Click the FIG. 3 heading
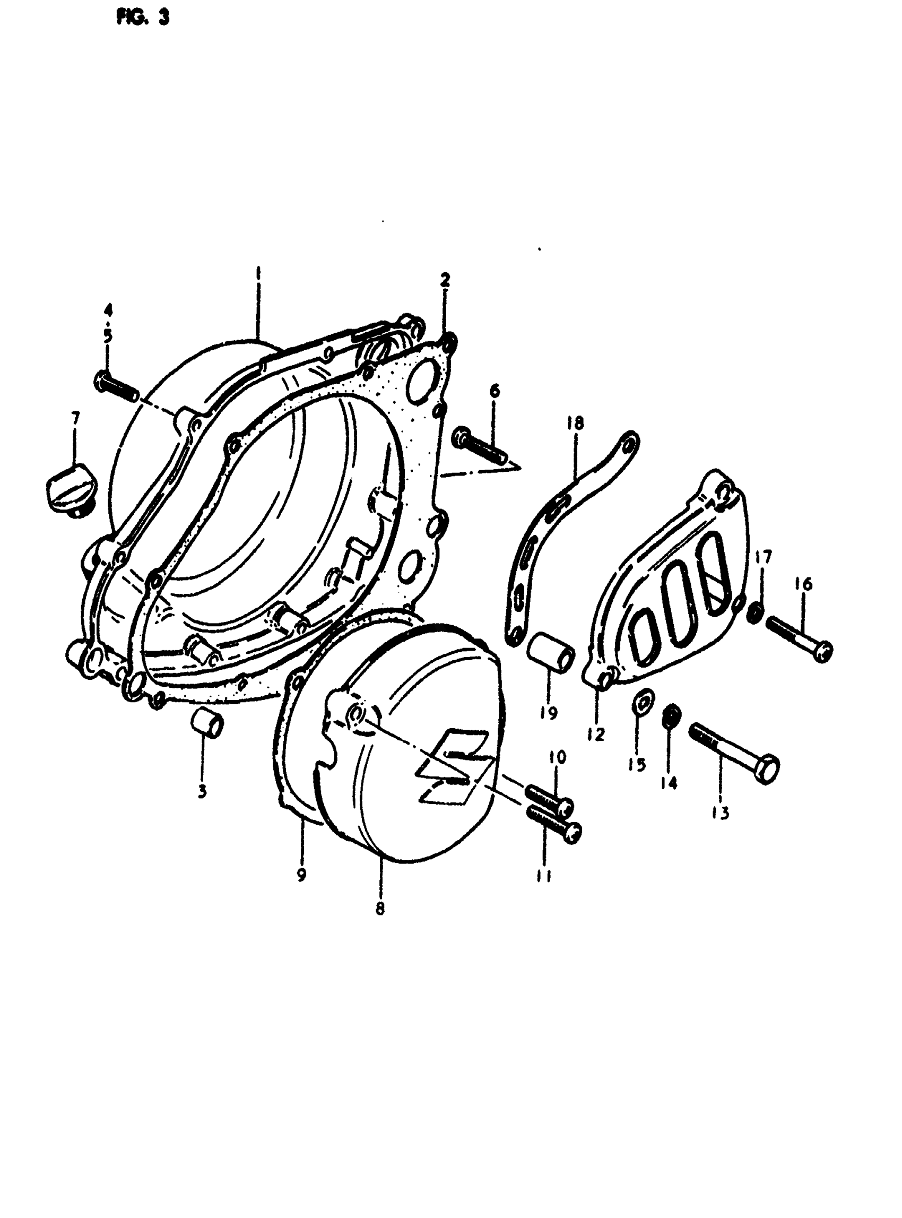(x=143, y=18)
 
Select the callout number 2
(x=446, y=280)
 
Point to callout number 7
(x=75, y=419)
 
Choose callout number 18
(x=576, y=424)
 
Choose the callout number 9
(x=301, y=875)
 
